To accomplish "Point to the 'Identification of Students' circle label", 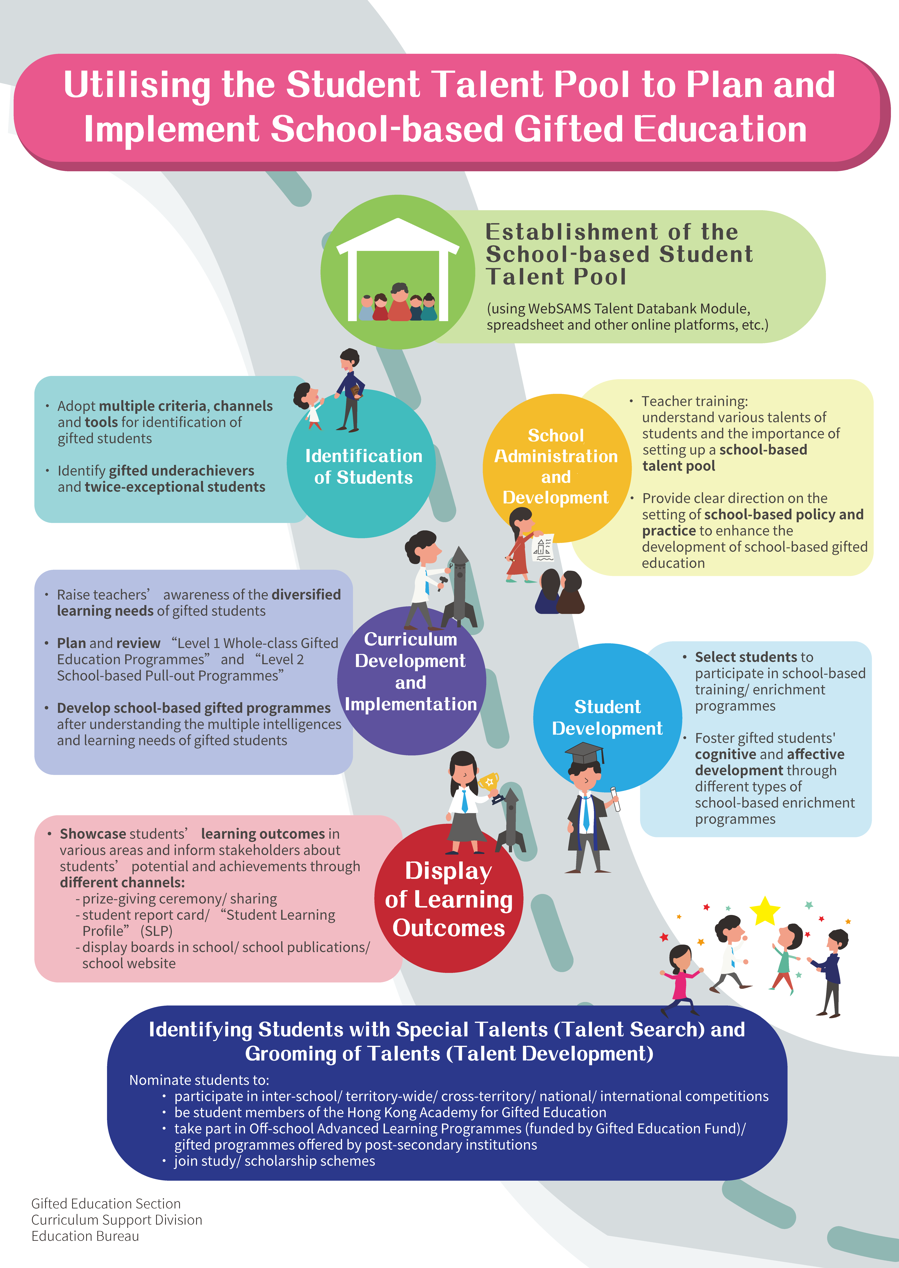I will tap(364, 467).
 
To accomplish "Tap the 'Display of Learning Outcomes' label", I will tap(448, 899).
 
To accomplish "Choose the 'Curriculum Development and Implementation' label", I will tap(411, 671).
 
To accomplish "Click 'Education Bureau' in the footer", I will tap(85, 1236).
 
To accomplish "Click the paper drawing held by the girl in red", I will tap(542, 548).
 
